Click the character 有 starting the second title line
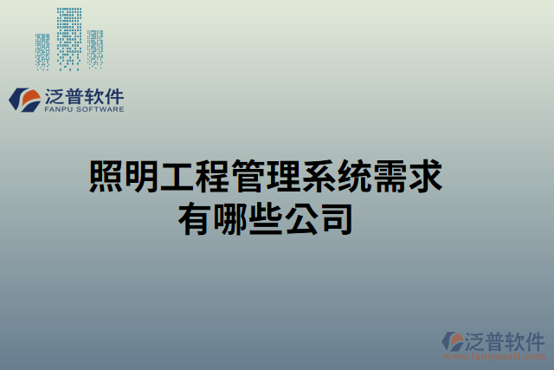194,217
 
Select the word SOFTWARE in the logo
102,110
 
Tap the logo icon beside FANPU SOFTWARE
24,100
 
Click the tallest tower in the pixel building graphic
69,36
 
